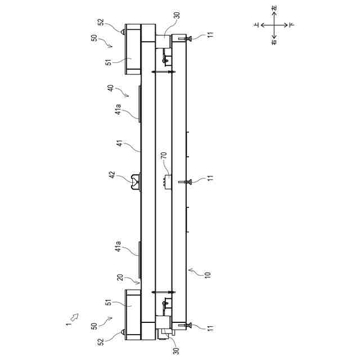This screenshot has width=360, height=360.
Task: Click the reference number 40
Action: (111, 88)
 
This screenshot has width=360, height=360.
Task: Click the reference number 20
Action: (120, 277)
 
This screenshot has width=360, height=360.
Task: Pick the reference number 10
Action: (208, 275)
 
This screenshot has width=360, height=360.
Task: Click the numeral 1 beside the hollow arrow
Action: (68, 324)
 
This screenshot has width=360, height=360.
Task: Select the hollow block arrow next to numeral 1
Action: (74, 317)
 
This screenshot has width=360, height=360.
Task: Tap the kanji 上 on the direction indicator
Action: (256, 25)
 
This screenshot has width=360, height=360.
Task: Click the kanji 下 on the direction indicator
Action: (291, 25)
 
